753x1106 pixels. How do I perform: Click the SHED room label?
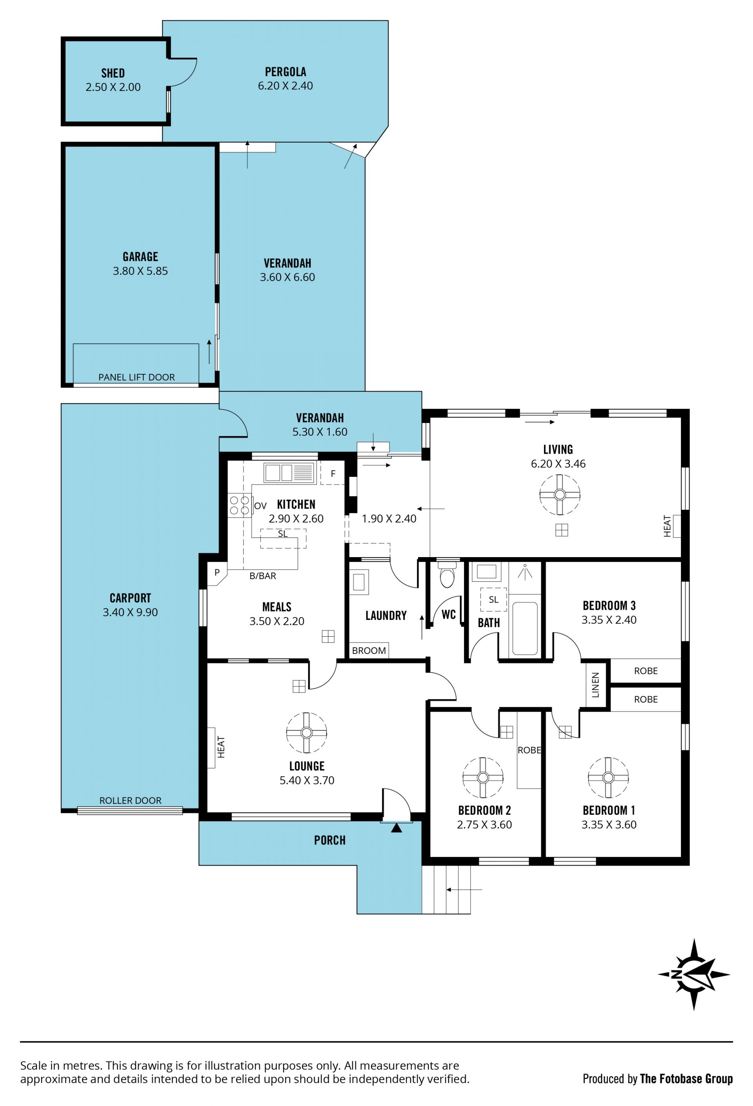[x=113, y=73]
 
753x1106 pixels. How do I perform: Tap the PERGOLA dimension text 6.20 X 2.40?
[x=285, y=85]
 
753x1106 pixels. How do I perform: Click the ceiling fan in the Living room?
[x=559, y=494]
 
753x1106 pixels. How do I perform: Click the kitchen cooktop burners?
[x=239, y=505]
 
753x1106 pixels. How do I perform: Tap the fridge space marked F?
[x=332, y=473]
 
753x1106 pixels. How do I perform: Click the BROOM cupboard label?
[x=369, y=650]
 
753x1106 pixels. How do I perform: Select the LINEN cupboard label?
[x=595, y=685]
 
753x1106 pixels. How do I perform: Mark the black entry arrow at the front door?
[x=396, y=828]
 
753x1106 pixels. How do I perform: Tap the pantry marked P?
[x=216, y=572]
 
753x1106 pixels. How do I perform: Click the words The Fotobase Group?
[x=686, y=1079]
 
